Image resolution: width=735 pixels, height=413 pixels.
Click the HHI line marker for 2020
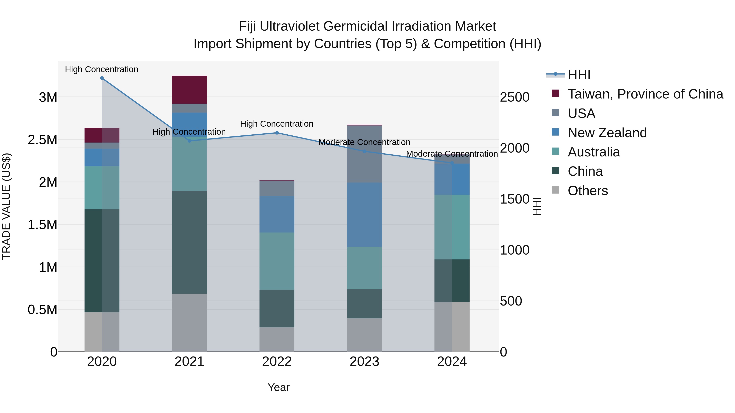point(102,78)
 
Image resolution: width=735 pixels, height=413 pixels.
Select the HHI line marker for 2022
point(277,133)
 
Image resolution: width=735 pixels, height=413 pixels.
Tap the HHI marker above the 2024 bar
point(452,163)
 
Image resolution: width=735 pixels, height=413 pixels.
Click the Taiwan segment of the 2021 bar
point(189,90)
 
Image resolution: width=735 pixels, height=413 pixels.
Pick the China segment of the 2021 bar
point(189,242)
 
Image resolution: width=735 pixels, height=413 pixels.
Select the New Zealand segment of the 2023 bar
point(364,215)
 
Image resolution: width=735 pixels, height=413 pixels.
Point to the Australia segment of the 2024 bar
point(452,227)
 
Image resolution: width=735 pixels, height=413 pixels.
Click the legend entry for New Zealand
point(607,133)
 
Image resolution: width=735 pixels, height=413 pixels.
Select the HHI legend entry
point(579,75)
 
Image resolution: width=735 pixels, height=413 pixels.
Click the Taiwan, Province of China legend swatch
point(555,93)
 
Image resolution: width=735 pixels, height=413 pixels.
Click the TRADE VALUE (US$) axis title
point(6,206)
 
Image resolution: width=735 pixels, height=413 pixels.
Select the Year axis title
point(278,387)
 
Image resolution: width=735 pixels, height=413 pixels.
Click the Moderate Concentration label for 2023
point(364,142)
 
